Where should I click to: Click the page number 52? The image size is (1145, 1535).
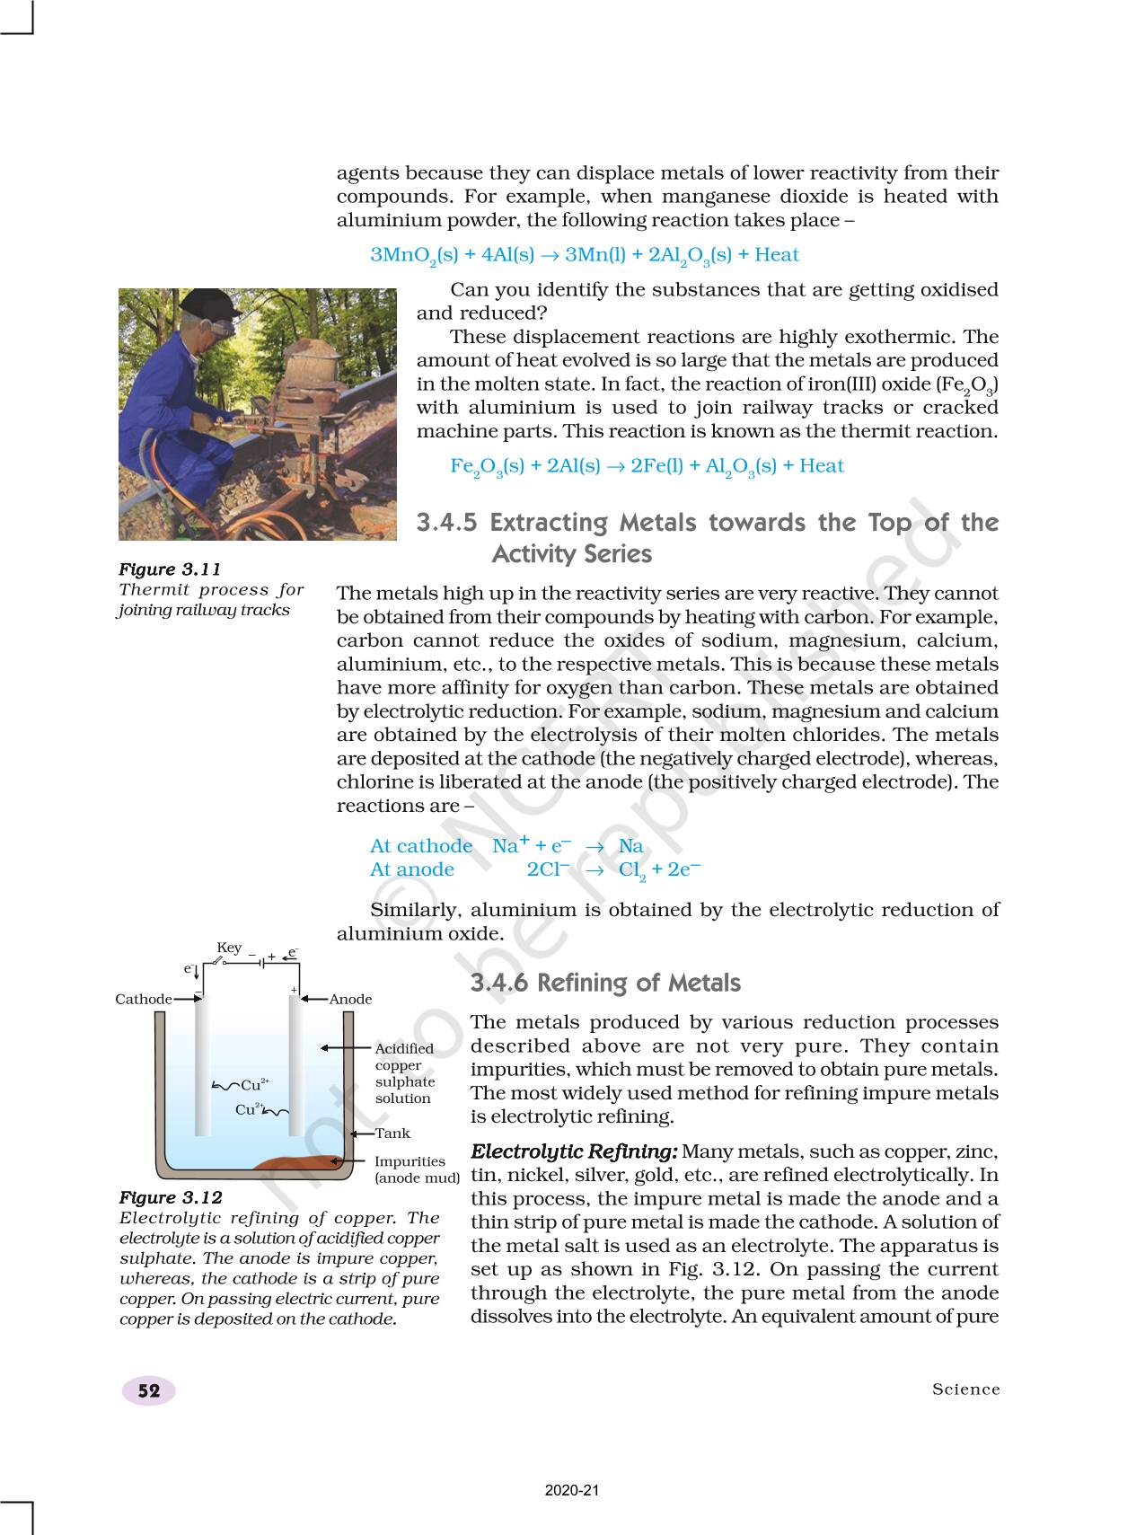(x=149, y=1391)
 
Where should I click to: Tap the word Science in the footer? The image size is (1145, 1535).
(x=965, y=1389)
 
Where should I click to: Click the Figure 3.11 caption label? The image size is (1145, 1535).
(x=170, y=569)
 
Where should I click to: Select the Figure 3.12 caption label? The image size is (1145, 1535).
(x=171, y=1197)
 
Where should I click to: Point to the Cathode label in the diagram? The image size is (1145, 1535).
(x=143, y=1000)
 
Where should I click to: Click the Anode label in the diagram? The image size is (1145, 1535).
(x=350, y=1000)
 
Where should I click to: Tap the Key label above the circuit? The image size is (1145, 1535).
(x=229, y=948)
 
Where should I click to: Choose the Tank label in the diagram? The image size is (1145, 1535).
(x=392, y=1134)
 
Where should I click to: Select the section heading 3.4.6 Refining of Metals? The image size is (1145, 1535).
(x=605, y=984)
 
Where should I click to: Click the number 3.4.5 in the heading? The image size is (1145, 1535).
(x=449, y=523)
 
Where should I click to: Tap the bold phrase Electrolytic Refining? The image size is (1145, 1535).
(x=575, y=1151)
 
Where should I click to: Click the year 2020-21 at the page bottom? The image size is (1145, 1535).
(x=572, y=1490)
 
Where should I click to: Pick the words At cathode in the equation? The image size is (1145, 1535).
(x=420, y=846)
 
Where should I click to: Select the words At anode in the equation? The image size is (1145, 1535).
(x=411, y=869)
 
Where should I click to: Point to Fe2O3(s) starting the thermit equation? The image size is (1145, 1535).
(x=487, y=466)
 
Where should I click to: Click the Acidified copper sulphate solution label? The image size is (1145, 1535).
(x=404, y=1073)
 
